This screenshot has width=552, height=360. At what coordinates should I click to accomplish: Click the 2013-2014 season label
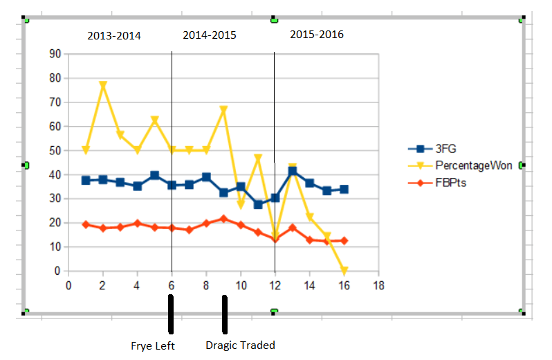pyautogui.click(x=114, y=36)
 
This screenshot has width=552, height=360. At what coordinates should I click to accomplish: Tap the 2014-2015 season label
pyautogui.click(x=210, y=35)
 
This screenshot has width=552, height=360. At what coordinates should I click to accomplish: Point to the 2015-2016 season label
pyautogui.click(x=317, y=34)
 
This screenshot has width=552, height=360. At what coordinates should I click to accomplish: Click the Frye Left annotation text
pyautogui.click(x=153, y=345)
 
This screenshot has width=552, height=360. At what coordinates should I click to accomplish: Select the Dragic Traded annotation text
pyautogui.click(x=241, y=345)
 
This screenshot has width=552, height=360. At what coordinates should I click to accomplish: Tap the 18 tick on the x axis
pyautogui.click(x=378, y=285)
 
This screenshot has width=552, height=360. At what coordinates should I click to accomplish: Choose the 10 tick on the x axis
pyautogui.click(x=241, y=285)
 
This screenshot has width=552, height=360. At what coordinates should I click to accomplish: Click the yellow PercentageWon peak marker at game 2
pyautogui.click(x=103, y=86)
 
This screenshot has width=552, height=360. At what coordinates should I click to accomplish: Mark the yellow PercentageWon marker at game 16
pyautogui.click(x=344, y=271)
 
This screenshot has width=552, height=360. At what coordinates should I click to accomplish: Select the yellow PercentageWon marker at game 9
pyautogui.click(x=223, y=110)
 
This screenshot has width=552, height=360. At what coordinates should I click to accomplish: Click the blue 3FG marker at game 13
pyautogui.click(x=292, y=171)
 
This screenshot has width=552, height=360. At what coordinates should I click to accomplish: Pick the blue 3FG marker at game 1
pyautogui.click(x=86, y=180)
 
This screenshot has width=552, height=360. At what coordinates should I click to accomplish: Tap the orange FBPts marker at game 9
pyautogui.click(x=223, y=219)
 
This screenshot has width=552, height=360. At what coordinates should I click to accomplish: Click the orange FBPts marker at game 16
pyautogui.click(x=344, y=241)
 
